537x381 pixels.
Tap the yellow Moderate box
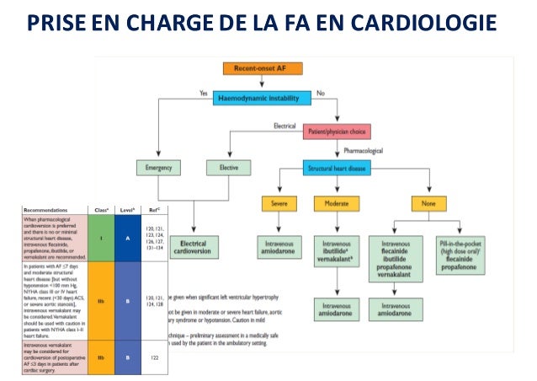(336, 205)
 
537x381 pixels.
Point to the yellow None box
(428, 205)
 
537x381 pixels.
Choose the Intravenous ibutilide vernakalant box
(336, 250)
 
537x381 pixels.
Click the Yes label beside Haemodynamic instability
(204, 92)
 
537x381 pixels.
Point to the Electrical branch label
(285, 126)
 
